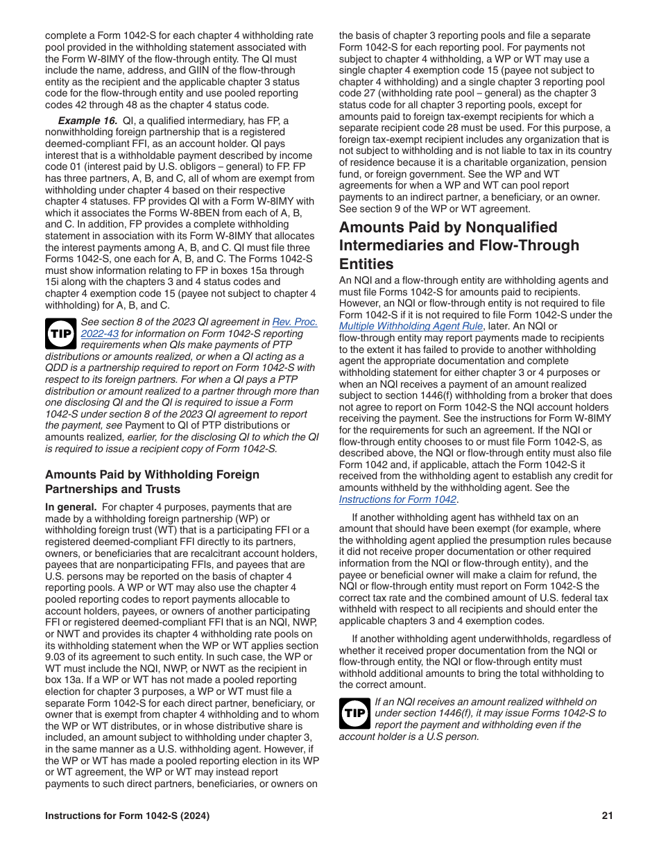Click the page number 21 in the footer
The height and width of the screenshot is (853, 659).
coord(607,816)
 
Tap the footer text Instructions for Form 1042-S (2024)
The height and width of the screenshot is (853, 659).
coord(127,816)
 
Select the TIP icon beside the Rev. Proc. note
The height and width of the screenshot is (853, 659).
coord(60,334)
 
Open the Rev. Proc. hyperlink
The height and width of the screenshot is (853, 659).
coord(295,322)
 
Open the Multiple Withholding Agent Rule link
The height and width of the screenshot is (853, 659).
coord(411,326)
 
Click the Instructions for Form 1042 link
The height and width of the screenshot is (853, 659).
coord(397,499)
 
